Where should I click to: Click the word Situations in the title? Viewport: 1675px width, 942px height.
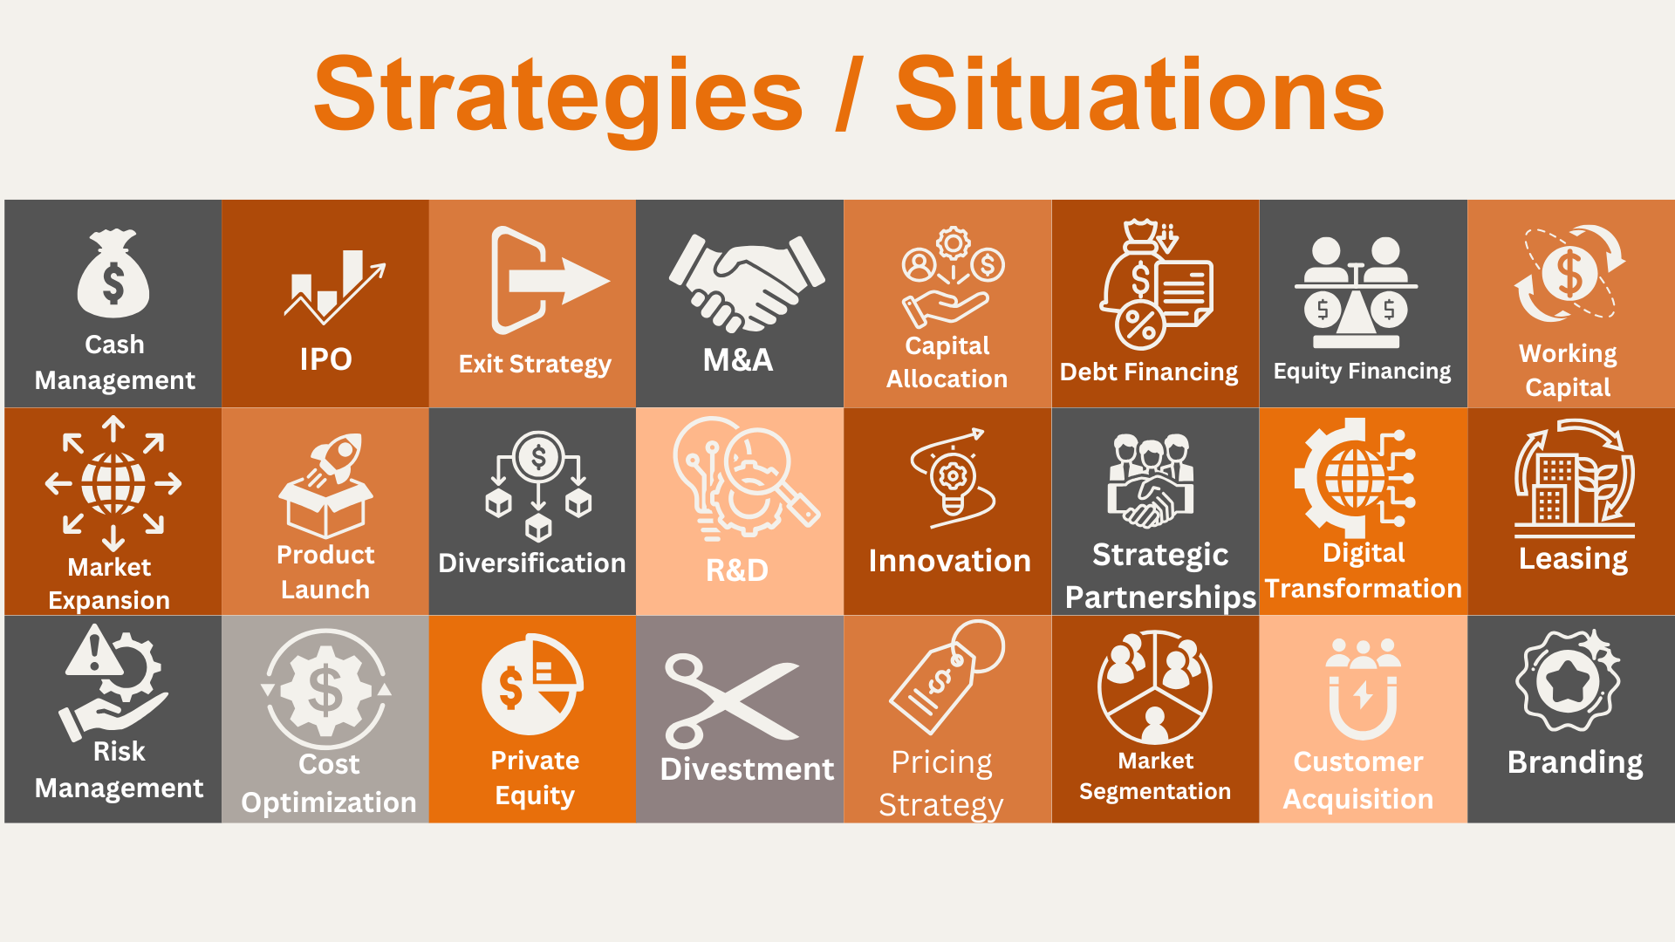click(1140, 92)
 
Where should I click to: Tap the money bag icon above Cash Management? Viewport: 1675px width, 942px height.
click(113, 273)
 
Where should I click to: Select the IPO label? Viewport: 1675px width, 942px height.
click(325, 359)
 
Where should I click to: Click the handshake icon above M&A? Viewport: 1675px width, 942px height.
click(746, 283)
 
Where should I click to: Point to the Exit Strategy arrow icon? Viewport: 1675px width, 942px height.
click(550, 281)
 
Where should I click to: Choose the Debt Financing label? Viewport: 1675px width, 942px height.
click(1149, 372)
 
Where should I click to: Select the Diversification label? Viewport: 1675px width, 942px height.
click(532, 563)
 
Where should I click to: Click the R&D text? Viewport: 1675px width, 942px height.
click(737, 570)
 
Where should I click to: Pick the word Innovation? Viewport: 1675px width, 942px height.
click(950, 561)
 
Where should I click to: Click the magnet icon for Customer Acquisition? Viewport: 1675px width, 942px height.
click(1364, 689)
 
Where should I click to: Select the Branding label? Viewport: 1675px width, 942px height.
click(1576, 763)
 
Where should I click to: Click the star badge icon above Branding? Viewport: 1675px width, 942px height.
click(1569, 680)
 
